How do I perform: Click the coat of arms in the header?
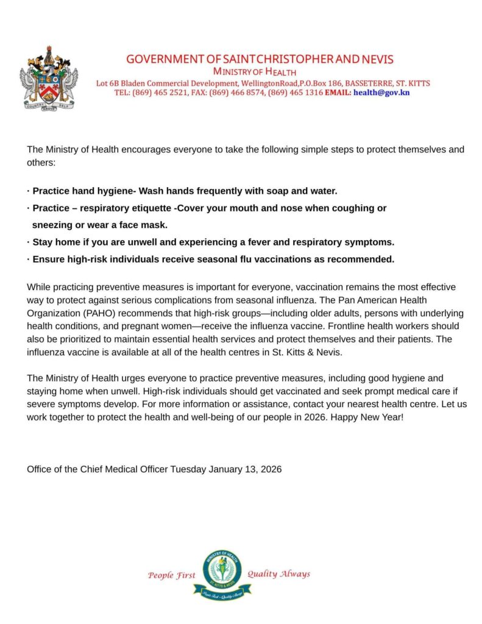[49, 77]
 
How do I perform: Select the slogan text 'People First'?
[172, 575]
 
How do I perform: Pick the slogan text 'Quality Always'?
[278, 573]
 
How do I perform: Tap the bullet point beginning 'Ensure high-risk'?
[213, 259]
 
